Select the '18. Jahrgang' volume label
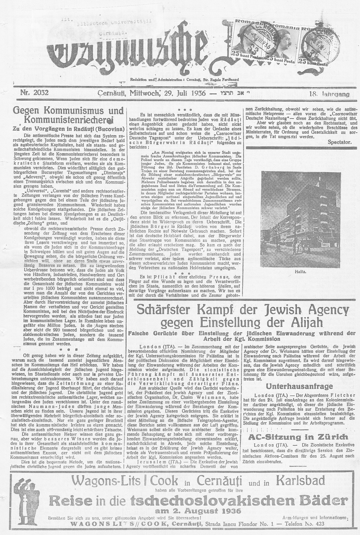329,94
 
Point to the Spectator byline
339,142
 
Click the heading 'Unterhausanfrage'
299,386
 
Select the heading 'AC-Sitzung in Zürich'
299,437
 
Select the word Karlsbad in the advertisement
300,480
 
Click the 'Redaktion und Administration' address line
184,79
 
